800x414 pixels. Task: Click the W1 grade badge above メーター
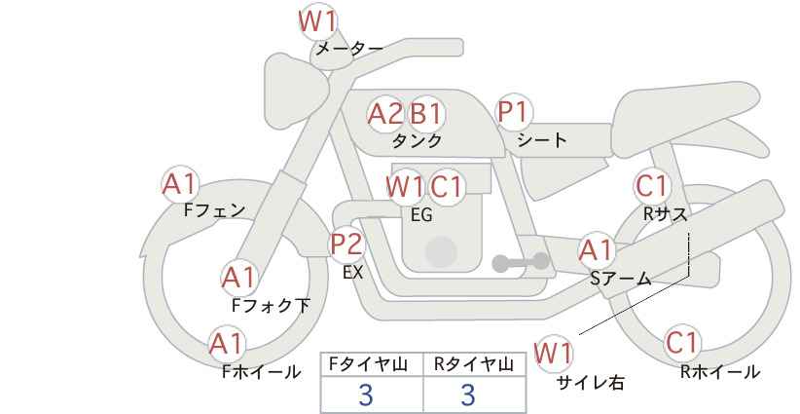click(317, 19)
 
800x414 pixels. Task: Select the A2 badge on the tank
click(385, 114)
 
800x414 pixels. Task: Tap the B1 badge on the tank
click(425, 114)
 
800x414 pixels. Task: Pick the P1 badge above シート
click(513, 112)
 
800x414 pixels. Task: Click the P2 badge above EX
click(346, 244)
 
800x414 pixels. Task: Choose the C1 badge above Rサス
click(652, 185)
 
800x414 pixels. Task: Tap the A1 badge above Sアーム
click(597, 250)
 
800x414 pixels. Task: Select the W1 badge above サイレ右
click(555, 353)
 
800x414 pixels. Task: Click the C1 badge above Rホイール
click(682, 343)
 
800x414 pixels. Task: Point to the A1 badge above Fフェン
click(179, 183)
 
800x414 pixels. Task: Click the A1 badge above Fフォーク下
click(238, 278)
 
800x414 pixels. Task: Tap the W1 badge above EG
click(405, 185)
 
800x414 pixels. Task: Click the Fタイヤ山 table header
click(372, 364)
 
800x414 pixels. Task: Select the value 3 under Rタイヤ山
click(468, 395)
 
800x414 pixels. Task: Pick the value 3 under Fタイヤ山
click(366, 395)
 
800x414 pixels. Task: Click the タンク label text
click(417, 141)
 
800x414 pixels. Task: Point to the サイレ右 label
click(590, 383)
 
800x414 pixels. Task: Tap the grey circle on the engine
click(441, 251)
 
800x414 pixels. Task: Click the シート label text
click(542, 140)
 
